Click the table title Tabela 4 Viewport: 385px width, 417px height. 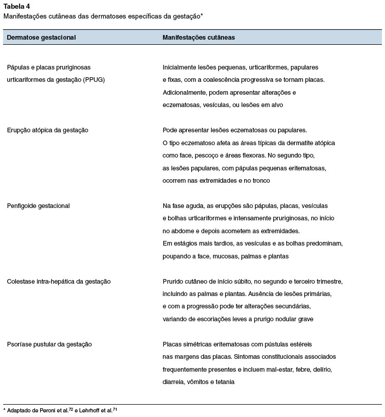click(x=16, y=7)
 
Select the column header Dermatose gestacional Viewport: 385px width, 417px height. click(x=41, y=38)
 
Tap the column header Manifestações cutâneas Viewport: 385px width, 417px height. click(x=199, y=38)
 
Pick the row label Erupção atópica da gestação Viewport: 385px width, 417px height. click(x=47, y=130)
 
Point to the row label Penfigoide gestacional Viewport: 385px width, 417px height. click(x=38, y=206)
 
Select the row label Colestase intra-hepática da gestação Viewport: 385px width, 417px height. click(x=59, y=282)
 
